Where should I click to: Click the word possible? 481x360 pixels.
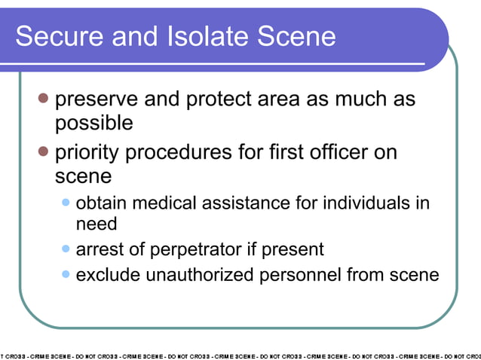click(93, 123)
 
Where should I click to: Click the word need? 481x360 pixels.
click(97, 224)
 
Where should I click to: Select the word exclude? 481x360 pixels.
click(108, 275)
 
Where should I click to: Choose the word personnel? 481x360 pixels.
click(300, 275)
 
